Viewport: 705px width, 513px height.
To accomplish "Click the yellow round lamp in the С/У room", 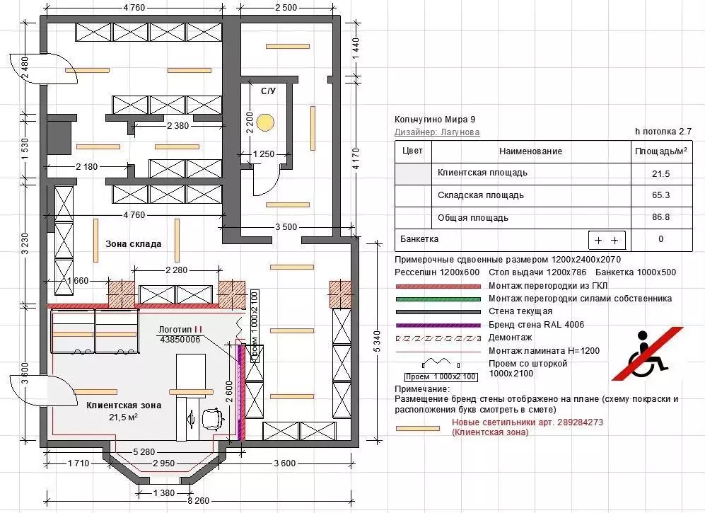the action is [x=265, y=122].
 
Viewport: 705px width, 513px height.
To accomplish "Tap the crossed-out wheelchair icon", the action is [x=648, y=354].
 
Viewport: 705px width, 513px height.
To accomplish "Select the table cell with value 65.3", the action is [x=660, y=195].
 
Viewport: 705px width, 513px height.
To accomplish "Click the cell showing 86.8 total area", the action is [x=660, y=217].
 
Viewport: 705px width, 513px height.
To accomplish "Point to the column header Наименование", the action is [x=530, y=151].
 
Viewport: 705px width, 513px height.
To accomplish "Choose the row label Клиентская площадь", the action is [x=482, y=173].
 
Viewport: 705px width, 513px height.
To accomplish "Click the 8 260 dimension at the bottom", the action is [x=198, y=500].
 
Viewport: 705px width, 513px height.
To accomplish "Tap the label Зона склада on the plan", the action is [x=134, y=244].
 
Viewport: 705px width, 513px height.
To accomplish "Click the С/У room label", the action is [x=269, y=91].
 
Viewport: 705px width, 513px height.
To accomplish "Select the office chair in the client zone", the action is [x=213, y=418].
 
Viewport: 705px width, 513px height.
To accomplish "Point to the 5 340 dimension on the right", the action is [x=377, y=341].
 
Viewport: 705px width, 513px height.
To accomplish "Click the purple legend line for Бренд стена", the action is [x=438, y=325].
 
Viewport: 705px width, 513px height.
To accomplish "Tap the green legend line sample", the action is [x=438, y=299].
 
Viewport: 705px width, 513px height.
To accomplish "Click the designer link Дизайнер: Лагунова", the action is [x=437, y=132].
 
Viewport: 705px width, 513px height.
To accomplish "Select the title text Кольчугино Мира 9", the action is [x=435, y=120].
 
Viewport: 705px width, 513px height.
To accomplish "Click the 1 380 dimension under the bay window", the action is [x=163, y=492].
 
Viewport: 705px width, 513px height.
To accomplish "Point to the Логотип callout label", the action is [x=180, y=330].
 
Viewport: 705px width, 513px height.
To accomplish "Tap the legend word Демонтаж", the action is [x=511, y=338].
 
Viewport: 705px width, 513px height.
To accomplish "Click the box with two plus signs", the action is [x=607, y=241].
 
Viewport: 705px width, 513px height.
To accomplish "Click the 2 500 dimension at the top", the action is [x=286, y=8].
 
